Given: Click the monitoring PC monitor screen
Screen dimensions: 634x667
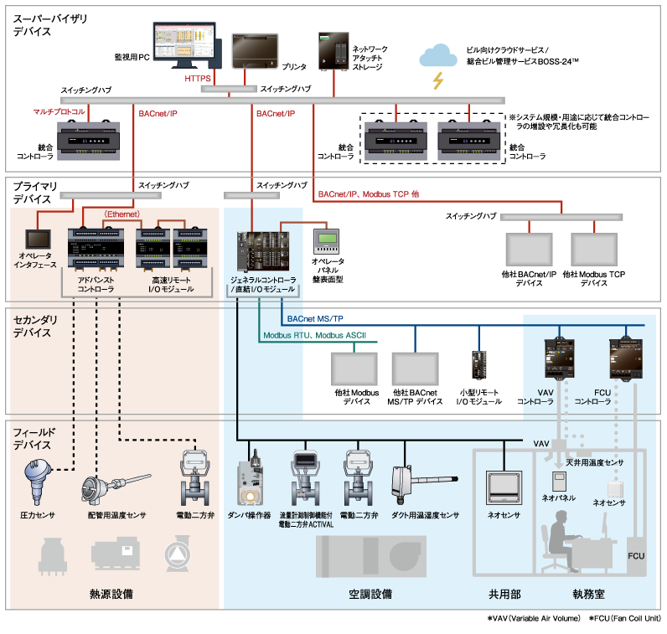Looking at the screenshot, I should pos(184,44).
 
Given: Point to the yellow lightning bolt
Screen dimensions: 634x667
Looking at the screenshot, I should pos(437,80).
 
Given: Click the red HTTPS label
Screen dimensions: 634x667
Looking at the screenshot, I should pos(198,78).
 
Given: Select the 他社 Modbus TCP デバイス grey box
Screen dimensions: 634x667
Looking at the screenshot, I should pos(594,249).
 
